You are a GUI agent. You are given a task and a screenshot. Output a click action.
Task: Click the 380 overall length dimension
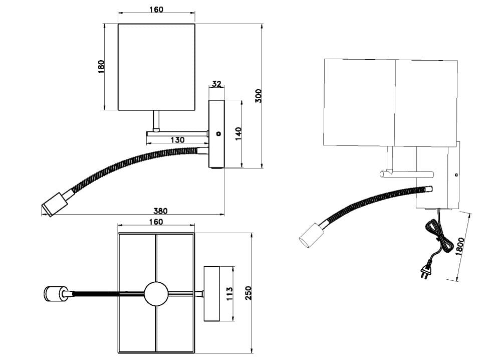coord(160,211)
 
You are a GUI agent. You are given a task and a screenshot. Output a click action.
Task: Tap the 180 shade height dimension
coord(101,67)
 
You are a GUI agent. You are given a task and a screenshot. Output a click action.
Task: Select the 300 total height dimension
coord(259,96)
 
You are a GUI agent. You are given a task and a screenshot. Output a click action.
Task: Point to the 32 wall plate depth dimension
coord(216,84)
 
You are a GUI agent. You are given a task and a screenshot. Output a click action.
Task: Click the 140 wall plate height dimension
coord(238,134)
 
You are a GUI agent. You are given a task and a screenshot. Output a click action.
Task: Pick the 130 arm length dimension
coord(178,140)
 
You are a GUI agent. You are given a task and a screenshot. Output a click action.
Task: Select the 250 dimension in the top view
coord(248,293)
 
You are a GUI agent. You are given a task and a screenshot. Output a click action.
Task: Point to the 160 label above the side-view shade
coord(156,10)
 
